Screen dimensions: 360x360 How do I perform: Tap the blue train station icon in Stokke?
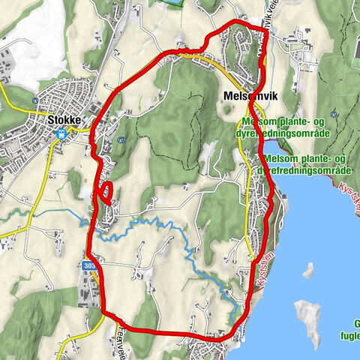click(x=63, y=134)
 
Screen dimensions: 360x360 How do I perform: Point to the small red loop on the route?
click(x=106, y=193)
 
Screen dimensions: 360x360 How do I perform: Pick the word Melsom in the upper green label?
click(x=259, y=124)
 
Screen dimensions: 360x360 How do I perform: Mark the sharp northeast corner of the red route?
click(x=266, y=30)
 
